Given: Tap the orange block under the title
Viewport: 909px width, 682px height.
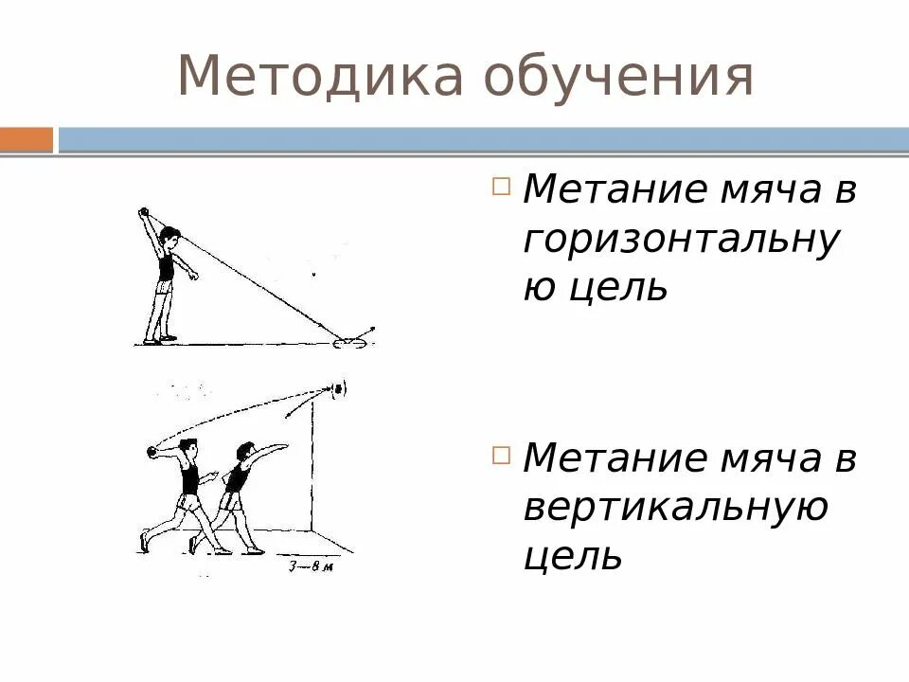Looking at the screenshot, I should click(27, 140).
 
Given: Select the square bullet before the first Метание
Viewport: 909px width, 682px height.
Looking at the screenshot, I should click(501, 185).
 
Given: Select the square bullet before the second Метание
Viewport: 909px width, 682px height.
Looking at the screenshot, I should click(501, 454).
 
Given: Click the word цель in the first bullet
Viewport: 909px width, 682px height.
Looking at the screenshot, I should click(617, 286).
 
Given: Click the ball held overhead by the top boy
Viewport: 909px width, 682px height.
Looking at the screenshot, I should click(144, 212).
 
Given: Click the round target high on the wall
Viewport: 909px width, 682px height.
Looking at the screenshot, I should click(338, 386).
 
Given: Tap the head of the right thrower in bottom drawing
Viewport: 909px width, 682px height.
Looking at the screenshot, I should click(246, 452).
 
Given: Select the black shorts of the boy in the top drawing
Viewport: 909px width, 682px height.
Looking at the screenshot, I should click(167, 287).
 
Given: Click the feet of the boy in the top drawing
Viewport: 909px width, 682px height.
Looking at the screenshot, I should click(159, 338).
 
